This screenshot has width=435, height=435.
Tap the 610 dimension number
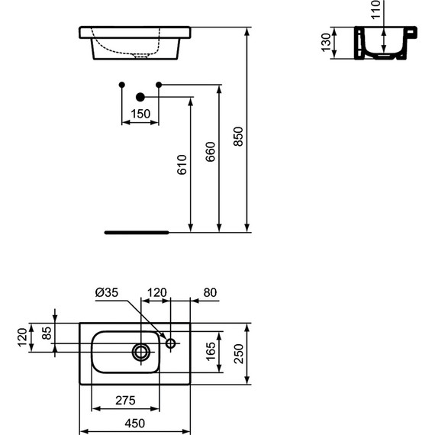[x=181, y=165]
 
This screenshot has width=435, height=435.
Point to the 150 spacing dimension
[x=140, y=114]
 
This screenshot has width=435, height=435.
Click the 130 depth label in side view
[x=327, y=43]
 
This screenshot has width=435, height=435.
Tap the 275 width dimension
[x=125, y=400]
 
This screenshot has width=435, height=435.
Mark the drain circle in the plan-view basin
[x=141, y=352]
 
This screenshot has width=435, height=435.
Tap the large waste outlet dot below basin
[x=140, y=97]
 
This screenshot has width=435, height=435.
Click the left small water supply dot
[x=122, y=83]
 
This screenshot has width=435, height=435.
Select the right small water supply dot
[x=158, y=83]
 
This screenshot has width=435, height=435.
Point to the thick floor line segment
[x=137, y=230]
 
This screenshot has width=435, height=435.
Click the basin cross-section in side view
[x=379, y=43]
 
